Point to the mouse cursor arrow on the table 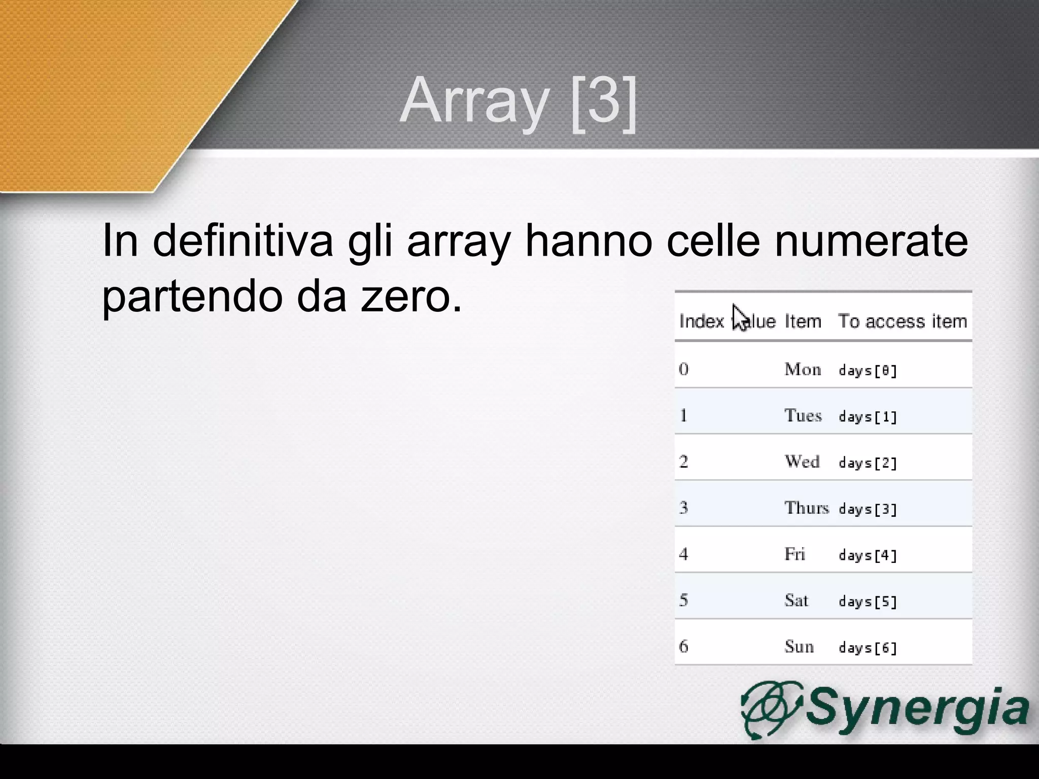pyautogui.click(x=740, y=317)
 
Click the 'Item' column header pyautogui.click(x=803, y=322)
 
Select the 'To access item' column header pyautogui.click(x=902, y=322)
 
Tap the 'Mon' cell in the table pyautogui.click(x=803, y=369)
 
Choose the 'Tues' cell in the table pyautogui.click(x=803, y=415)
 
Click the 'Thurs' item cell pyautogui.click(x=806, y=508)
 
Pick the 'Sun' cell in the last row pyautogui.click(x=799, y=647)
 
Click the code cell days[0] pyautogui.click(x=868, y=371)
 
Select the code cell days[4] pyautogui.click(x=868, y=555)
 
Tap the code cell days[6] pyautogui.click(x=868, y=648)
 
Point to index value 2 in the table pyautogui.click(x=683, y=462)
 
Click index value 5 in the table pyautogui.click(x=683, y=600)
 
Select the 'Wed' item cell pyautogui.click(x=802, y=462)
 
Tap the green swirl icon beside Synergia pyautogui.click(x=771, y=709)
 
